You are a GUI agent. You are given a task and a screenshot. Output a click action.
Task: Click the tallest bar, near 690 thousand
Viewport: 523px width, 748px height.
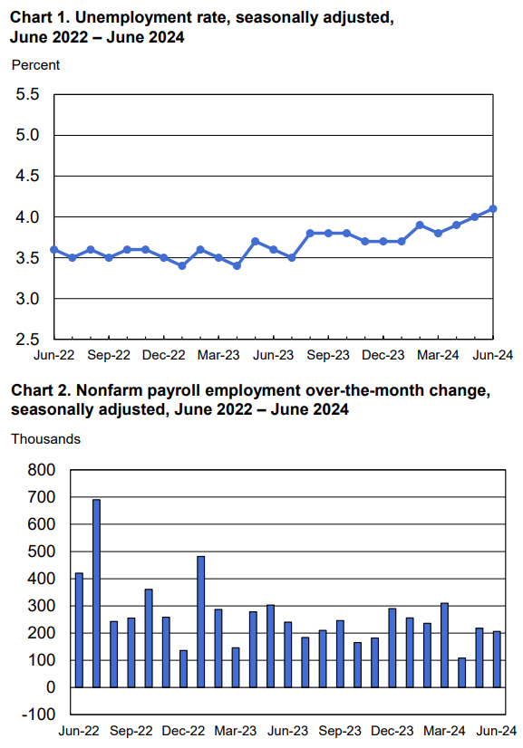[x=96, y=593]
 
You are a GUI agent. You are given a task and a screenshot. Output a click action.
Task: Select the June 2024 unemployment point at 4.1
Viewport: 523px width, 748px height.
[x=493, y=209]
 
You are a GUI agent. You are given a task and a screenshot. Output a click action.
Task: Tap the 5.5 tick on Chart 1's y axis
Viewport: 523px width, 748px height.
[x=28, y=94]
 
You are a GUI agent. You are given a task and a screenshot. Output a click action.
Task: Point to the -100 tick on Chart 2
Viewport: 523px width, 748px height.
[x=39, y=714]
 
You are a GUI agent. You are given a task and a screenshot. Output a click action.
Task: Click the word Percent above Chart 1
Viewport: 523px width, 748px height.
[x=36, y=65]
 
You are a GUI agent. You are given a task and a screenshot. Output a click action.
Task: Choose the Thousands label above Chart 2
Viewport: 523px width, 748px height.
[x=46, y=439]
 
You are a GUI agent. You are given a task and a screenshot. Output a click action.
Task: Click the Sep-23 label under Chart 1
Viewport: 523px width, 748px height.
[x=328, y=355]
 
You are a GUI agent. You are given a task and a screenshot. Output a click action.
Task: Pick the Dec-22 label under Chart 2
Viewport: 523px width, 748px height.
[x=183, y=731]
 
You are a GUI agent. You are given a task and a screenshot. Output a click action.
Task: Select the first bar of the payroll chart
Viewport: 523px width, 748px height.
[x=79, y=630]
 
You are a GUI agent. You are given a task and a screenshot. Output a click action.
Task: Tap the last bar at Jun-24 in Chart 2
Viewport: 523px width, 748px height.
[x=497, y=659]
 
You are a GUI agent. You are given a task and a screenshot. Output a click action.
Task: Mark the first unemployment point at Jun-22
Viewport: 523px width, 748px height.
[x=54, y=250]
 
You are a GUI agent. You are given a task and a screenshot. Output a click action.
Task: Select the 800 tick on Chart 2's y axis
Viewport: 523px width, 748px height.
[x=42, y=470]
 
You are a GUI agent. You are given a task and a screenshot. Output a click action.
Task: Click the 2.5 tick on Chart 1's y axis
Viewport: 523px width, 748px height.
[x=28, y=340]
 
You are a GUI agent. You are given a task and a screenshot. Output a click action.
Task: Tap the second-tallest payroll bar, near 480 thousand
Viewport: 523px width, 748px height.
[x=201, y=622]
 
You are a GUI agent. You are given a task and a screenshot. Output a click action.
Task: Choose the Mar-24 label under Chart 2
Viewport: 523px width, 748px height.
[x=445, y=731]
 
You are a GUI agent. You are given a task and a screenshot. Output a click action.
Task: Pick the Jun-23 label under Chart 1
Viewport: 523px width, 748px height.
[x=273, y=355]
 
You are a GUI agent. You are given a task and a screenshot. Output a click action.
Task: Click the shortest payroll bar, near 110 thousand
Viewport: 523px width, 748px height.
[x=462, y=673]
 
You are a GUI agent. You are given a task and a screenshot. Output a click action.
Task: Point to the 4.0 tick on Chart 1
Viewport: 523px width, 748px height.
[x=28, y=217]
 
